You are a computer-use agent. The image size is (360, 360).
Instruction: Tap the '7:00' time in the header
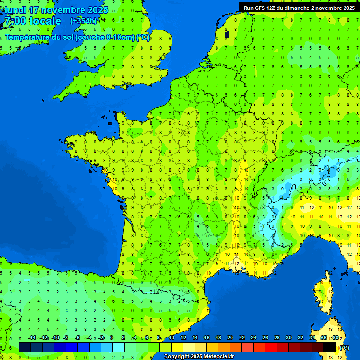point(15,21)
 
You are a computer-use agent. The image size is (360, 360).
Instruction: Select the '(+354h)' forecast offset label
point(83,21)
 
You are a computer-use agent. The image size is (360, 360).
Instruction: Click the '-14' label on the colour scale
point(32,337)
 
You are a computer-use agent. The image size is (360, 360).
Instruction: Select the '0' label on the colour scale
point(112,337)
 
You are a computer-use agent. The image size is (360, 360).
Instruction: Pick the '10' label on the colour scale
point(172,337)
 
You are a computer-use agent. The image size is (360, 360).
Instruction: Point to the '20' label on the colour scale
point(230,337)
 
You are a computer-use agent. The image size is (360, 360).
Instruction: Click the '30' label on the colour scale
point(289,337)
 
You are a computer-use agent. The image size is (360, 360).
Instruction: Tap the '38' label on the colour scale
point(335,337)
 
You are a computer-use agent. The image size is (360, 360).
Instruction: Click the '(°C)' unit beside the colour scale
point(345,348)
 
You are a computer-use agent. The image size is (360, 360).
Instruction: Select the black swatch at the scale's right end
point(330,347)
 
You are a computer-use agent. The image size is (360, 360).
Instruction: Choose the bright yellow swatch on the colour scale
point(177,347)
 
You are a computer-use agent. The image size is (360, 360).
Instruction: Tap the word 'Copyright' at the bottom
point(178,357)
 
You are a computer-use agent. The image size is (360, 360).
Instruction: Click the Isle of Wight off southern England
point(126,85)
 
